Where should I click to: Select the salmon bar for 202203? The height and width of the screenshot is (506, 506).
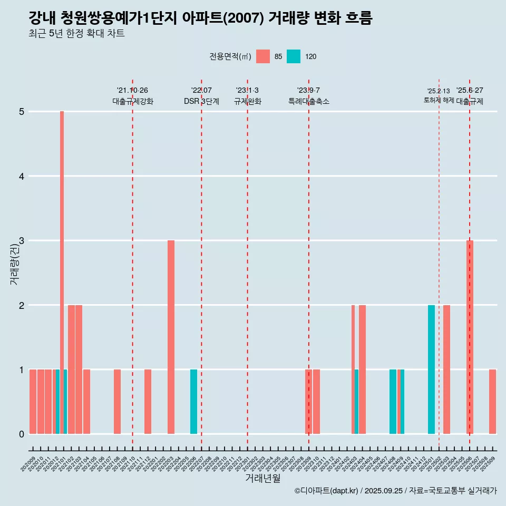[x=171, y=337]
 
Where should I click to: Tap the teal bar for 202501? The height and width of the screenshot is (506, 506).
[x=431, y=369]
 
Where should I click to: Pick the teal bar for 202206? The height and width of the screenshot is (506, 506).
[x=193, y=402]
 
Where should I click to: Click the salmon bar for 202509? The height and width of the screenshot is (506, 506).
[x=492, y=402]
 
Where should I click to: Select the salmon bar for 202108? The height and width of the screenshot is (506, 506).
[x=117, y=402]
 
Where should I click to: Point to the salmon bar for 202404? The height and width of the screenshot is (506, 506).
[x=362, y=369]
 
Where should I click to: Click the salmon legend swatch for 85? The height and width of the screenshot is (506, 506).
[x=263, y=56]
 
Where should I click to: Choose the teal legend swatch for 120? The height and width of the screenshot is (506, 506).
[x=294, y=56]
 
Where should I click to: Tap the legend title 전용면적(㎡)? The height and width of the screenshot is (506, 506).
[x=230, y=56]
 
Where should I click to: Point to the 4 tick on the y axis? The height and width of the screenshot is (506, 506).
[x=22, y=176]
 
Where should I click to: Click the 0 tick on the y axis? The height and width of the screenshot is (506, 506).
[x=22, y=434]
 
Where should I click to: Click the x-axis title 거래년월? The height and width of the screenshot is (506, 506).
[x=262, y=478]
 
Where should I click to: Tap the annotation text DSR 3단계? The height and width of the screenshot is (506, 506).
[x=201, y=101]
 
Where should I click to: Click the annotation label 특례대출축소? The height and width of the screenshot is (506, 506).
[x=308, y=101]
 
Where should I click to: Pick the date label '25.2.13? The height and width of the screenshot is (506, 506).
[x=439, y=91]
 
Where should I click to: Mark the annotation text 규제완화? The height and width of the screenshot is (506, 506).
[x=247, y=101]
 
